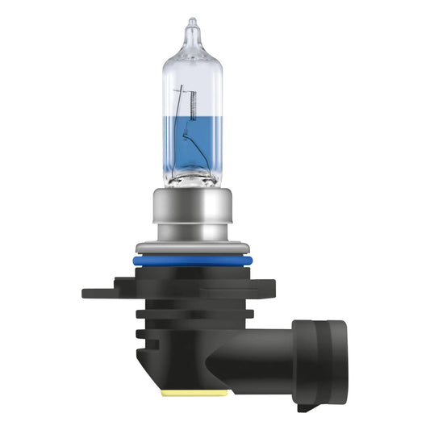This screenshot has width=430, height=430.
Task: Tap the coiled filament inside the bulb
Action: click(x=194, y=100)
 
